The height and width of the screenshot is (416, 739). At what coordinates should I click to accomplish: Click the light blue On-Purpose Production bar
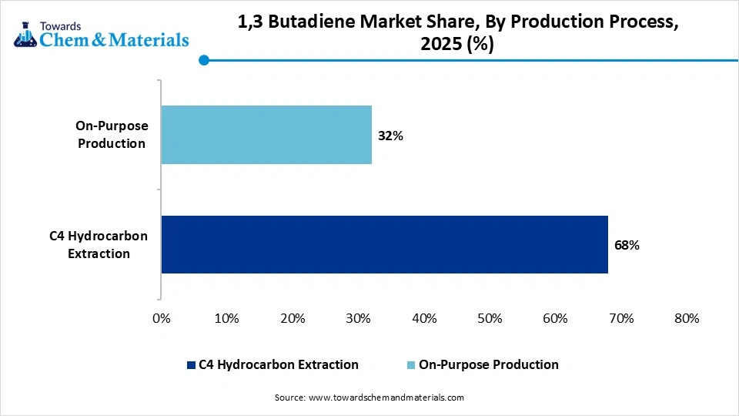266,135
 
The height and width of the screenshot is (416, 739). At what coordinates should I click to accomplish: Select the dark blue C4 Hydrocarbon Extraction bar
384,244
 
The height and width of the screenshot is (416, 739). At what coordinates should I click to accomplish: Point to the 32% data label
390,136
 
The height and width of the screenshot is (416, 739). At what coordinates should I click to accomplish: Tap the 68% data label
627,246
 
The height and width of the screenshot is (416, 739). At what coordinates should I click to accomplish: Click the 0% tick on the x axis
161,318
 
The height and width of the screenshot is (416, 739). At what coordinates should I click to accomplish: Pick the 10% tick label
226,318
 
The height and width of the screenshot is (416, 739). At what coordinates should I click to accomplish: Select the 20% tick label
293,318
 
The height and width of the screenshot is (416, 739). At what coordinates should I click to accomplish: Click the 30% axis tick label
358,318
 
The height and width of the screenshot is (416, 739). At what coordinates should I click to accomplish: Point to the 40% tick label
424,318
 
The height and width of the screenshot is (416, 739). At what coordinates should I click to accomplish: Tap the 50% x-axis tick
490,318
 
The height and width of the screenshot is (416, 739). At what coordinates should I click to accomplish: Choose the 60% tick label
555,318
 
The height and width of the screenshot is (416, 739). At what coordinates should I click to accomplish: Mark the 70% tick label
621,318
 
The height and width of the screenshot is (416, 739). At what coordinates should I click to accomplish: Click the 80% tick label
686,318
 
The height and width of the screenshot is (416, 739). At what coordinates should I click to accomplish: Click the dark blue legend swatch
191,364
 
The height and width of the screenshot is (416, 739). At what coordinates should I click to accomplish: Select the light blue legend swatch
411,364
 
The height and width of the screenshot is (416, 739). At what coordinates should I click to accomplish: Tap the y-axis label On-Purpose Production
112,134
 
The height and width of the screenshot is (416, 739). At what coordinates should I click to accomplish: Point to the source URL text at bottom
369,398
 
